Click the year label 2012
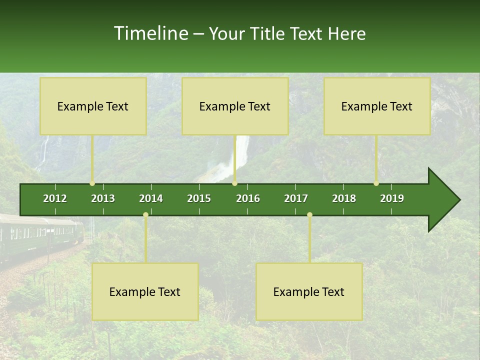pos(55,198)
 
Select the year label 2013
pos(103,198)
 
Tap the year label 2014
pos(151,198)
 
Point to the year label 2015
pos(199,198)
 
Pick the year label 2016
pos(248,198)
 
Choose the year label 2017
pos(296,198)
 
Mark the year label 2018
pos(344,198)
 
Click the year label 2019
pos(392,198)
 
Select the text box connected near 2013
pos(93,106)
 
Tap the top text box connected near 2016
pos(235,106)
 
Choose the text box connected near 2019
pos(377,106)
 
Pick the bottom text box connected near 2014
pos(145,291)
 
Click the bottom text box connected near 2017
pos(309,291)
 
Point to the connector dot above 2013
pos(92,183)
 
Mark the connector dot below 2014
pos(145,215)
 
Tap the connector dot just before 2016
pos(234,183)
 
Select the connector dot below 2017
pos(309,215)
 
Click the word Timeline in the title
pos(150,33)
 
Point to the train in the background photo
pos(40,235)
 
